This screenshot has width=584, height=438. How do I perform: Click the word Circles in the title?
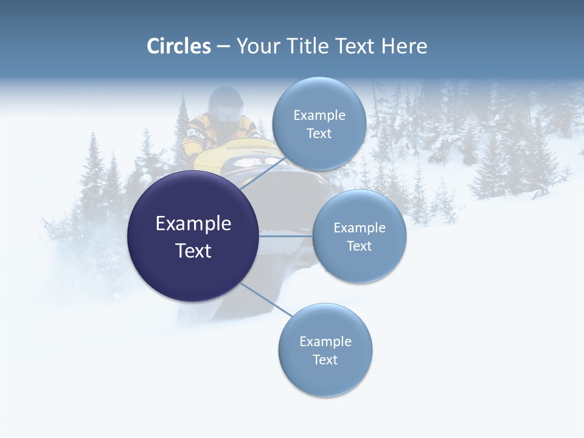tap(179, 46)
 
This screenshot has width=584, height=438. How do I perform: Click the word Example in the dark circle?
tap(193, 224)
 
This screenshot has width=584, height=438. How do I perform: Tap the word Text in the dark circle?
tap(193, 251)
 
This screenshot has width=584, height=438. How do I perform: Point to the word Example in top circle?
tap(319, 115)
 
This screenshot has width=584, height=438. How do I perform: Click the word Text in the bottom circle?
tap(325, 360)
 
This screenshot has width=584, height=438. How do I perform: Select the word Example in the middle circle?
tap(359, 228)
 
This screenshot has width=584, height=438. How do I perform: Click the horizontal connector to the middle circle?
tap(285, 236)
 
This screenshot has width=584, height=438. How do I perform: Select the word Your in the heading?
tap(258, 46)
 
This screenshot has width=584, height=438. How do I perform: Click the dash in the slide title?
tap(223, 47)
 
